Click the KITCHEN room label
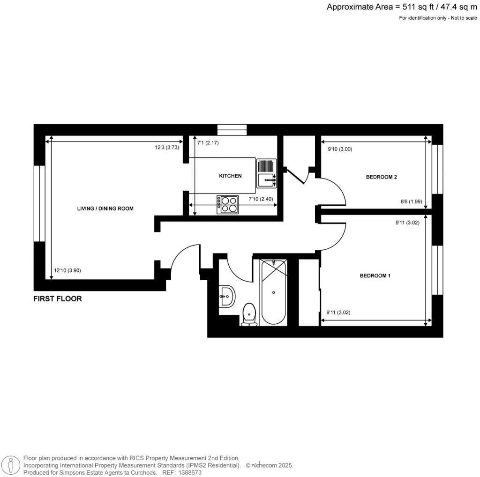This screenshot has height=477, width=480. point(230,176)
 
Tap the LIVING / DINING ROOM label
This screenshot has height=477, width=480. point(105,209)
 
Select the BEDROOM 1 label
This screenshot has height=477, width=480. point(375,276)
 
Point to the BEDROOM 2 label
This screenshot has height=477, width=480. point(381,177)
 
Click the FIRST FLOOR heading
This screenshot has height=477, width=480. point(57,298)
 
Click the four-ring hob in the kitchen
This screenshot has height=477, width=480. point(227,204)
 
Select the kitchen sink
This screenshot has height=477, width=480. point(267,179)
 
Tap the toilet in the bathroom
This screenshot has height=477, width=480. point(249,313)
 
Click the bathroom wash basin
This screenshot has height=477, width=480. point(226,296)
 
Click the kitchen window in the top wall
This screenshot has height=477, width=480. point(232,129)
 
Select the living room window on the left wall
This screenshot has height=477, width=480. point(39,203)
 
